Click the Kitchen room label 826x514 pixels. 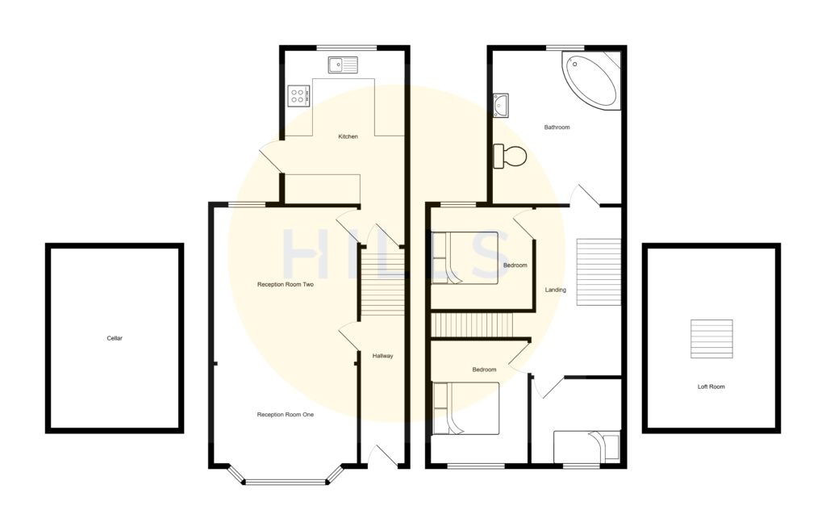point(348,136)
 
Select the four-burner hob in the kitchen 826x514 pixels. point(298,96)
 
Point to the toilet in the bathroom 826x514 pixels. point(510,156)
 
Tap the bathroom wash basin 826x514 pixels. point(501,103)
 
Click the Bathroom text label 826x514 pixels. point(557,127)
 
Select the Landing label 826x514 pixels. point(555,290)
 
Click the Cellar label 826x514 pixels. point(115,338)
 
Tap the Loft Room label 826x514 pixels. point(711,387)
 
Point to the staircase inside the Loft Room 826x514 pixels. point(711,339)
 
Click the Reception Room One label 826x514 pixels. point(285,415)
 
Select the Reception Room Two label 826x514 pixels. point(285,285)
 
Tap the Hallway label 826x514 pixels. point(382,356)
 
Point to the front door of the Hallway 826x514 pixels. point(382,457)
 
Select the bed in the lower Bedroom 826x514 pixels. point(465,408)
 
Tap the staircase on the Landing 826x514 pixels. point(599,271)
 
